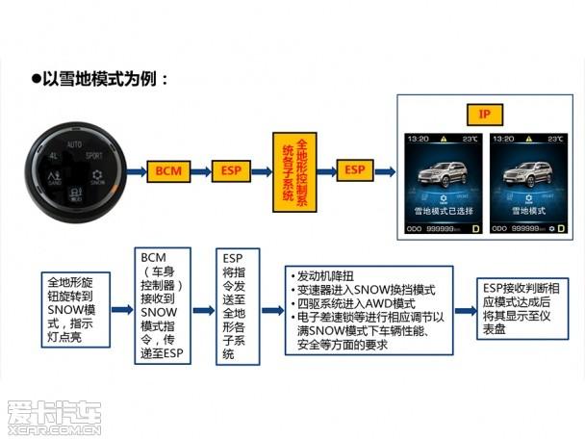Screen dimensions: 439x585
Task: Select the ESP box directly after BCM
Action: pos(232,170)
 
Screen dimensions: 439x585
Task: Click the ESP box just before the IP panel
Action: pos(354,170)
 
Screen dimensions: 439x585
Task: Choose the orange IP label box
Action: pos(485,114)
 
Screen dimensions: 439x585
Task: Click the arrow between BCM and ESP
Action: pos(200,170)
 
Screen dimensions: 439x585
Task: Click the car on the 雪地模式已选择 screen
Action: pos(445,178)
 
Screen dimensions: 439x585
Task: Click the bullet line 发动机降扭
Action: pos(327,276)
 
